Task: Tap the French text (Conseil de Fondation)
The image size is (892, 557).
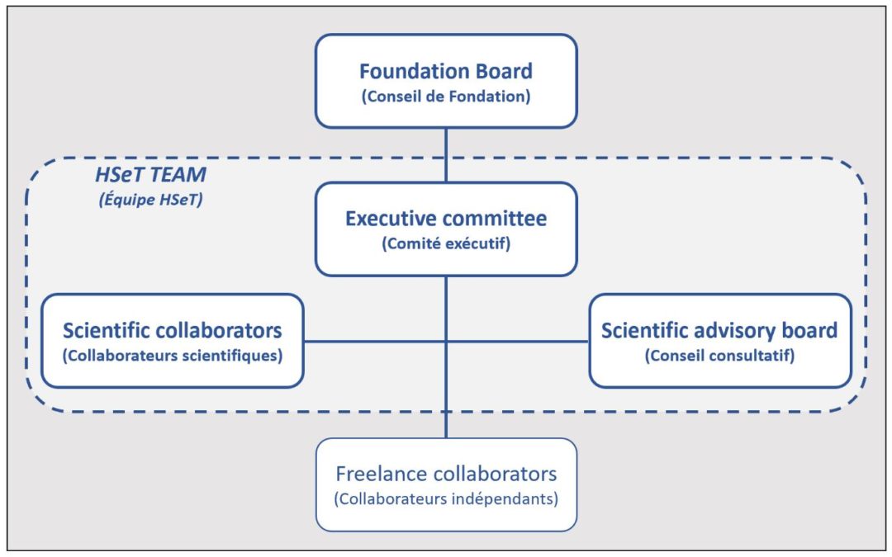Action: pos(446,96)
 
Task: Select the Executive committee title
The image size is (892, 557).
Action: pos(446,219)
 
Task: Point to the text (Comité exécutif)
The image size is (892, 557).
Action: pos(446,244)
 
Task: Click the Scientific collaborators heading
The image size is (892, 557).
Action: pos(173,330)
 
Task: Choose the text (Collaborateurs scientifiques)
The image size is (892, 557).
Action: pos(173,356)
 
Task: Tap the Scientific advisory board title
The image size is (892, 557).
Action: pos(719,330)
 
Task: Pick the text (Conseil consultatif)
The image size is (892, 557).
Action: pos(719,356)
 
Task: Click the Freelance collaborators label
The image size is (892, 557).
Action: pos(446,474)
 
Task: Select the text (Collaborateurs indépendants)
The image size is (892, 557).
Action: pos(446,499)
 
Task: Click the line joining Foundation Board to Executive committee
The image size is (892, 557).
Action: pos(446,155)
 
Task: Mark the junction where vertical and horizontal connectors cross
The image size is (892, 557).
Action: pos(446,341)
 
